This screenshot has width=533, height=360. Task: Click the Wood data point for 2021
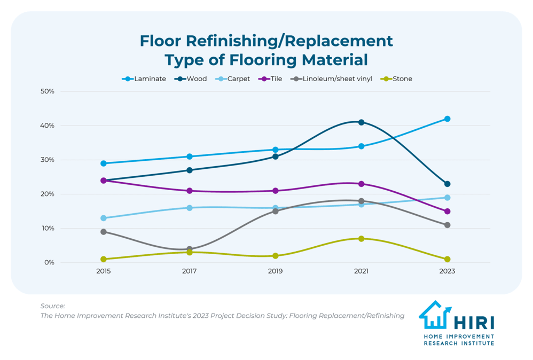(x=361, y=122)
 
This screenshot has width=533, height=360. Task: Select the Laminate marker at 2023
(x=447, y=119)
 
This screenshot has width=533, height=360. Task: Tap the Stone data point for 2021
(x=361, y=239)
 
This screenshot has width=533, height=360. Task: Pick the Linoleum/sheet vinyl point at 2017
(x=190, y=249)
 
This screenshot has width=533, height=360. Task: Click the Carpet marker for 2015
(x=104, y=218)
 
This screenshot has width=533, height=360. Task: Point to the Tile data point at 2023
(x=447, y=212)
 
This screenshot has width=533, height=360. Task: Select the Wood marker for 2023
(x=447, y=184)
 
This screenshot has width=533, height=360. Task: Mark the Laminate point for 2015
(x=104, y=163)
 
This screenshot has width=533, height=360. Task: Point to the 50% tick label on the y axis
(x=48, y=91)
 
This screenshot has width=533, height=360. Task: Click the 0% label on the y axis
(x=49, y=262)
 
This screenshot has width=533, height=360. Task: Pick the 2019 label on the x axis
(x=275, y=271)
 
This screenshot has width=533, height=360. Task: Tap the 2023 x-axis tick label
(x=447, y=271)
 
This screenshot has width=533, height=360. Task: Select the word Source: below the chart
(x=53, y=306)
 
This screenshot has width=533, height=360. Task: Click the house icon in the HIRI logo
(x=434, y=315)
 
